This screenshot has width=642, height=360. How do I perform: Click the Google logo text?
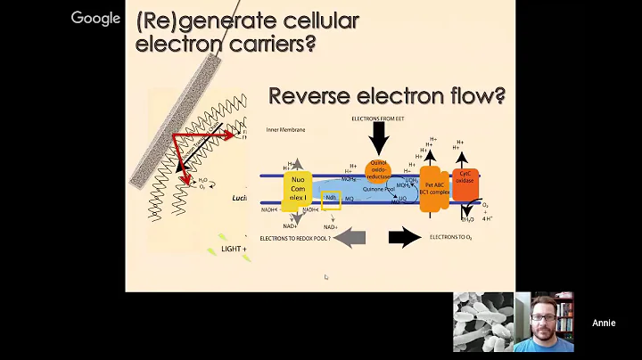(x=95, y=18)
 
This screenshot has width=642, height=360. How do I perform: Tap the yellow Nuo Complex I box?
(x=297, y=191)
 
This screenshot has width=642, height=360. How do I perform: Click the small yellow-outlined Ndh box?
(x=331, y=200)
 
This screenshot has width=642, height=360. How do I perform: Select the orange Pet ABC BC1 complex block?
(x=432, y=188)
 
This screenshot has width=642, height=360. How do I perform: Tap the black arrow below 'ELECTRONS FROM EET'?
(x=379, y=139)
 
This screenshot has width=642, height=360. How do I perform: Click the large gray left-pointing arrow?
(x=350, y=237)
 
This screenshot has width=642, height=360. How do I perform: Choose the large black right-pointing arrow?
(x=405, y=237)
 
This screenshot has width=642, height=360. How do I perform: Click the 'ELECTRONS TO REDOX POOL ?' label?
(x=294, y=239)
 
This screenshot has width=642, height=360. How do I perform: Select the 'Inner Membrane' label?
(x=285, y=130)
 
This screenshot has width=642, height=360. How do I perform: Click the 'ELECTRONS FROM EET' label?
(x=379, y=119)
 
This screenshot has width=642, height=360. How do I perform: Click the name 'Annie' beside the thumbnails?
(x=604, y=323)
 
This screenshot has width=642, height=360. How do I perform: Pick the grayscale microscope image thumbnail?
(x=483, y=322)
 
